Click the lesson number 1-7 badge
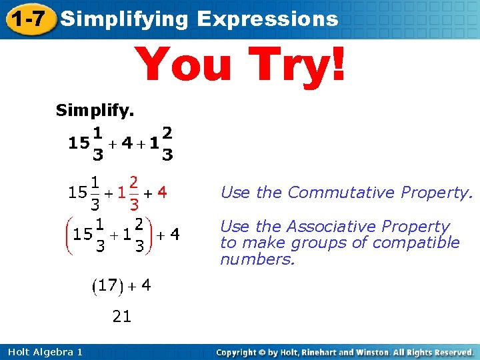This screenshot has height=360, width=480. pos(29,19)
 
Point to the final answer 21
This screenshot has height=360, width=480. pos(121,317)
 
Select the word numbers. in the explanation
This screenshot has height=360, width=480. pos(257,259)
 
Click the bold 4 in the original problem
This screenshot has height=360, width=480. pos(129,143)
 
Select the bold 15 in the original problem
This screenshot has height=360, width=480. pos(77,143)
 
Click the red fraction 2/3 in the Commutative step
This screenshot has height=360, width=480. pos(134,193)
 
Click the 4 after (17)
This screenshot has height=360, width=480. pos(145,285)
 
